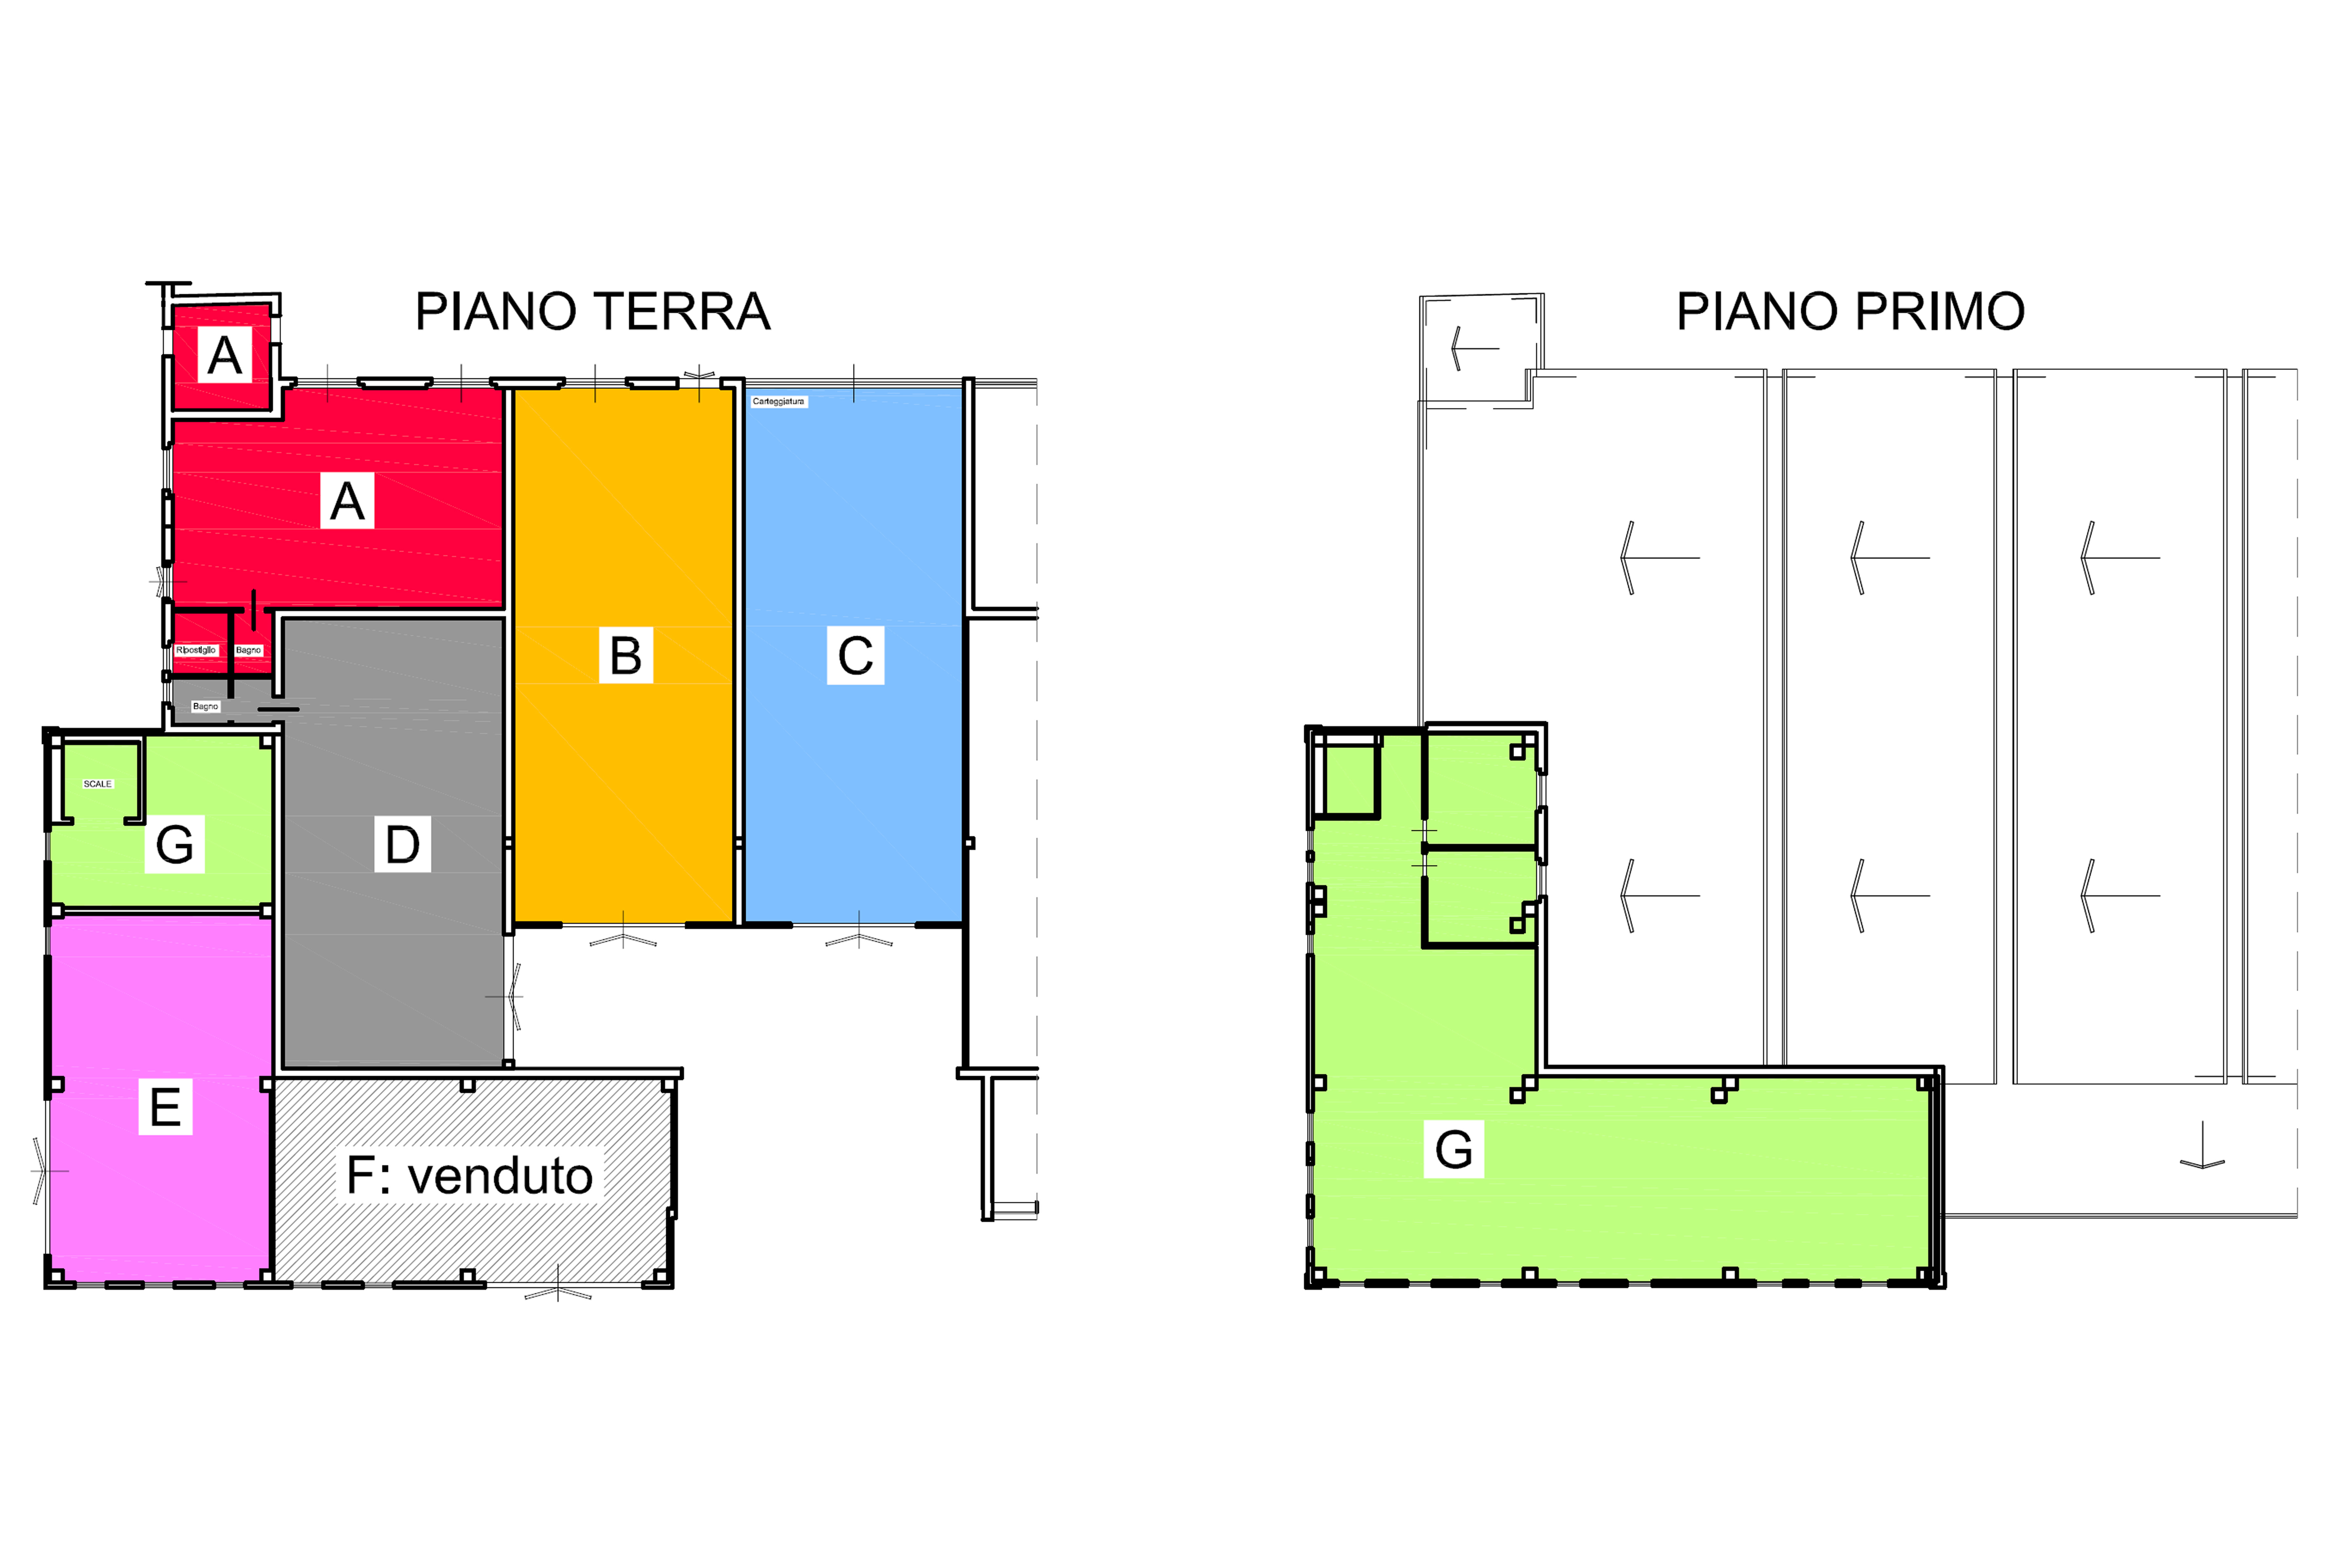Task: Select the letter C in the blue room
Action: click(855, 655)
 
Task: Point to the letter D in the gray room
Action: click(402, 845)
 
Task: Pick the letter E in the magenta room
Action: click(165, 1106)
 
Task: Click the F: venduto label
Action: click(469, 1176)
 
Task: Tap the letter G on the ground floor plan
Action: click(175, 845)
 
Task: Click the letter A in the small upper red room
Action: click(224, 356)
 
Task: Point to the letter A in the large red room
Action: click(347, 502)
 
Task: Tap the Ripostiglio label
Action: click(196, 650)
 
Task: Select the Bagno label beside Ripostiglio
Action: click(248, 650)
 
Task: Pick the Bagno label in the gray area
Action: click(205, 706)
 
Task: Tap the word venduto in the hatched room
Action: click(500, 1176)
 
